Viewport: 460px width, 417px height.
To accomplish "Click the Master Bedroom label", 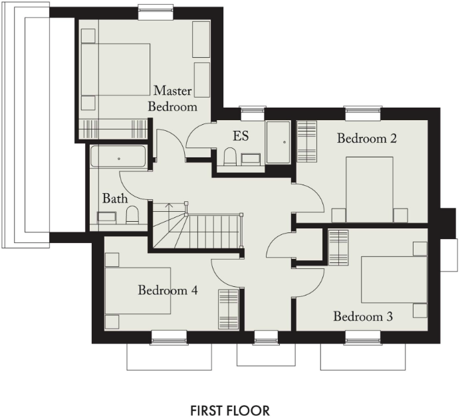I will coord(173,98).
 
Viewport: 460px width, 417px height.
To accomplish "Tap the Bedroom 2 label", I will coord(366,139).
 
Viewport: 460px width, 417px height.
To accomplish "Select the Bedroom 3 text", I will coord(363,317).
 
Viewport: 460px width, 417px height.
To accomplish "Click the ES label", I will coord(240,136).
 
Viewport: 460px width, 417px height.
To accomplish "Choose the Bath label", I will coord(114,198).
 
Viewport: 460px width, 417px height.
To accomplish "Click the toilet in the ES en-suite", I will coord(230,157).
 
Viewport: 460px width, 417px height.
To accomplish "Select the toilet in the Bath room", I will coord(132,214).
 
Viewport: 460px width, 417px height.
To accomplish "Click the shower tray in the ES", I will coord(278,142).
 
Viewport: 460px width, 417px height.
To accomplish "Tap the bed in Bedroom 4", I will coord(138,291).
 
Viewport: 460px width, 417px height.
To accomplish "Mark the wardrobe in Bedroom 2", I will coord(307,141).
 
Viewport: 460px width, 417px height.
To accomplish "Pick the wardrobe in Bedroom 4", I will coord(228,309).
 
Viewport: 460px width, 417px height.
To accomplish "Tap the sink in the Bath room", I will coord(106,216).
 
